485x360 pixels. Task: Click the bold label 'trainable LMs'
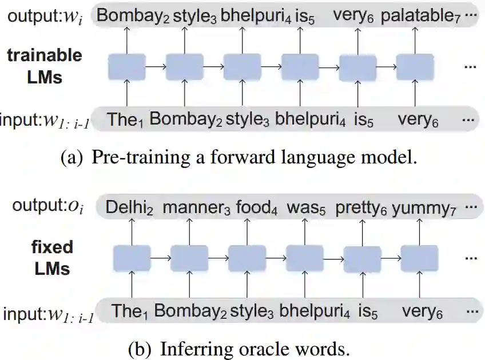point(45,66)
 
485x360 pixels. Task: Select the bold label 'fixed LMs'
point(52,257)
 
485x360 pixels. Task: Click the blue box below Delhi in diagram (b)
point(132,257)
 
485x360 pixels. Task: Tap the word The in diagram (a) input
point(124,119)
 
